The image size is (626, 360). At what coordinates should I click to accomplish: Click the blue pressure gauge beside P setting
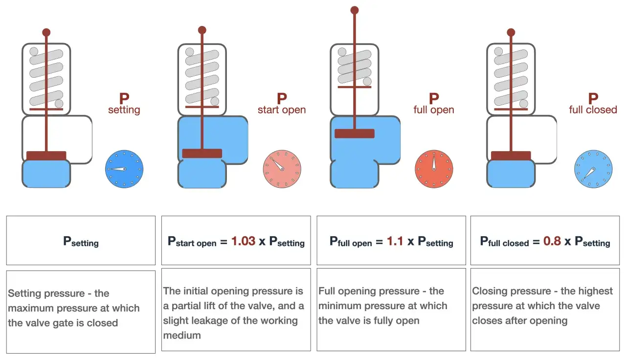coord(124,169)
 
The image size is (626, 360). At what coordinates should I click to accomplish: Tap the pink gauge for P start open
coord(282,169)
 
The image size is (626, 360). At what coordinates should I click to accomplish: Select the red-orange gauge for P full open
coord(434,169)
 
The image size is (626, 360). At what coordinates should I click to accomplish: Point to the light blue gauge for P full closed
coord(593,169)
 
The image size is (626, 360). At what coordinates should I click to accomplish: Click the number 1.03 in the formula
coord(244,241)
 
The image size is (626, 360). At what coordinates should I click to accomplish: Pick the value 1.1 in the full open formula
coord(395,241)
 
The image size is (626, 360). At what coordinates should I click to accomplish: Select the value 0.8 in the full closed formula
coord(552,241)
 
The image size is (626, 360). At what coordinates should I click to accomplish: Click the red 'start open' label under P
coord(282,110)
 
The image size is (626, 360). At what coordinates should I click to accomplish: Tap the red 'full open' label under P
coord(434,110)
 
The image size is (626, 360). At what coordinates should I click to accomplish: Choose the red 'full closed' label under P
coord(593,110)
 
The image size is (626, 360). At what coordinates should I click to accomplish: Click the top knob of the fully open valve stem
coord(355,10)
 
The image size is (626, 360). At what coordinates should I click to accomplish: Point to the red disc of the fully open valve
coord(355,134)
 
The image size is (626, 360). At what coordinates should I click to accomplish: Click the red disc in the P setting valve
coord(46,156)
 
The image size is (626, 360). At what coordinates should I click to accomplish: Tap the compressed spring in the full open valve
coord(355,67)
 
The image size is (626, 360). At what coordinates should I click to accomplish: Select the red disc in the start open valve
coord(202,154)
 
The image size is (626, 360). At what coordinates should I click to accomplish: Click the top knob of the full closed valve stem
coord(511,32)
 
